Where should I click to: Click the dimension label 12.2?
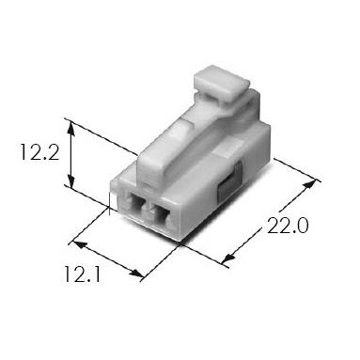pyautogui.click(x=39, y=151)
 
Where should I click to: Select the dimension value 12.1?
pyautogui.click(x=82, y=274)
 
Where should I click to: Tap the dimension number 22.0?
pyautogui.click(x=288, y=226)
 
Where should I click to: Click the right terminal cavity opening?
pyautogui.click(x=161, y=214)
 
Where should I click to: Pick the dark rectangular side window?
pyautogui.click(x=229, y=180)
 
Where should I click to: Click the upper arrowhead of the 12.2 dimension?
pyautogui.click(x=71, y=129)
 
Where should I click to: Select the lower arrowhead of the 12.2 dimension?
pyautogui.click(x=71, y=181)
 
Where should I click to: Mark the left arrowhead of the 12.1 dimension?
pyautogui.click(x=79, y=244)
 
